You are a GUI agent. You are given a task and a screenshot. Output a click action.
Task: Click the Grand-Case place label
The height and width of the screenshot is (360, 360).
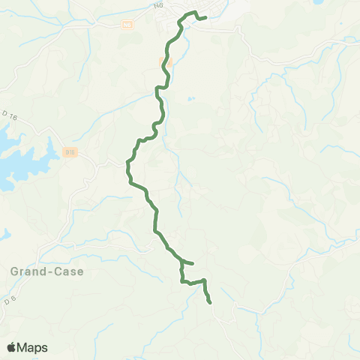point(46,271)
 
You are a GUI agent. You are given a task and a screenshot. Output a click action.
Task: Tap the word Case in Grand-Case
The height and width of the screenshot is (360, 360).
point(66,271)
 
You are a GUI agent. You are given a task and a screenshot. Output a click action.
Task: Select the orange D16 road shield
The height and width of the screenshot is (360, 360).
point(70,151)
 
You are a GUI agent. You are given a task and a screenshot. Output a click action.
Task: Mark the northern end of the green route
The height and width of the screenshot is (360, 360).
point(205,17)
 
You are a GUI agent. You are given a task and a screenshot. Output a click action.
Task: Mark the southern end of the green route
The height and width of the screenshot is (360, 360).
point(210,302)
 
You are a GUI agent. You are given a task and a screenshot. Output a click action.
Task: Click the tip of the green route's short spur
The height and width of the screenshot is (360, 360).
point(193,263)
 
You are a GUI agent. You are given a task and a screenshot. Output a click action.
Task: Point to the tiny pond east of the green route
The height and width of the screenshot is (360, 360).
point(192,98)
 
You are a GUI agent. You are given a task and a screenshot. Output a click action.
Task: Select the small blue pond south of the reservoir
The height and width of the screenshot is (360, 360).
point(4,233)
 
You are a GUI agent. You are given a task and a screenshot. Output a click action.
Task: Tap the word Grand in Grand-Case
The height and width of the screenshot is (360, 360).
point(27,271)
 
